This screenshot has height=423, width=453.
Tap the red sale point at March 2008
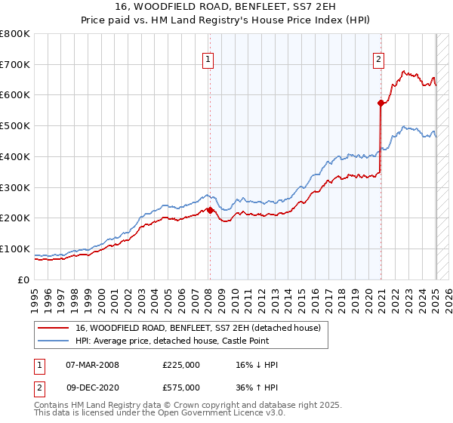coord(210,210)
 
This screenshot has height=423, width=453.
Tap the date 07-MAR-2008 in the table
coord(92,365)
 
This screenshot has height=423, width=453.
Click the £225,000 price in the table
coord(180,365)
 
